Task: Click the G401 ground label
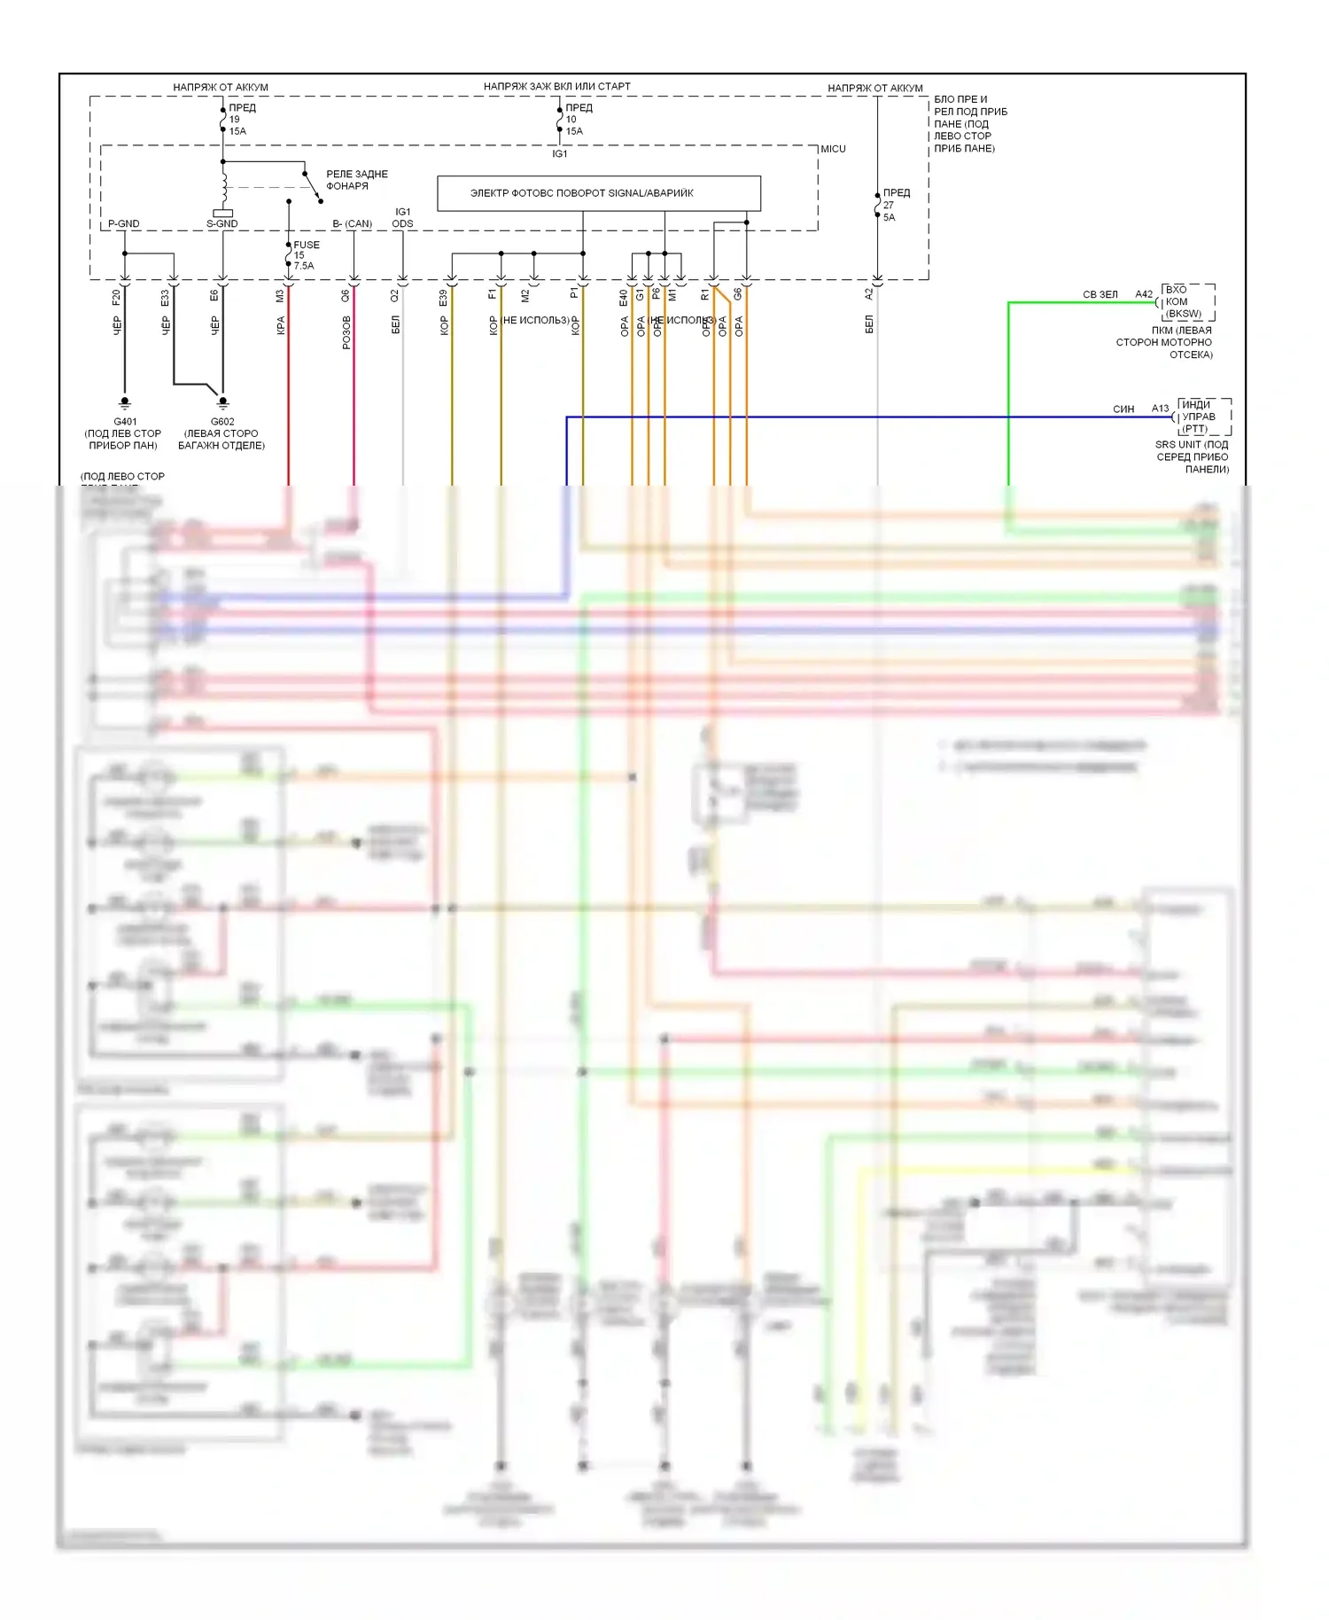(125, 422)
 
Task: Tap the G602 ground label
(222, 422)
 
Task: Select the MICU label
(833, 149)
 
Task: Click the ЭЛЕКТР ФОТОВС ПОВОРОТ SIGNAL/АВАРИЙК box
(599, 193)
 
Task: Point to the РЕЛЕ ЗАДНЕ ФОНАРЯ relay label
(356, 180)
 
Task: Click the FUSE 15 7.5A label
(306, 255)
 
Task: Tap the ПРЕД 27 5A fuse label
(896, 205)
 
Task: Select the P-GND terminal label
(124, 223)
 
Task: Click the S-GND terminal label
(221, 223)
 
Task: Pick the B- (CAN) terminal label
(353, 223)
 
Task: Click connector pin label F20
(116, 297)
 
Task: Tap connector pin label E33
(165, 298)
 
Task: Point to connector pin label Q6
(346, 297)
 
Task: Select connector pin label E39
(443, 298)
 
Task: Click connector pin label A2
(869, 293)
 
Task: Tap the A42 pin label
(1144, 294)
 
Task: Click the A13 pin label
(1160, 409)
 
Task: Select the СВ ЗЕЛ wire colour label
(1100, 294)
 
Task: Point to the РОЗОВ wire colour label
(346, 332)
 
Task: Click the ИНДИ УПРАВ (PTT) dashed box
(1202, 417)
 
